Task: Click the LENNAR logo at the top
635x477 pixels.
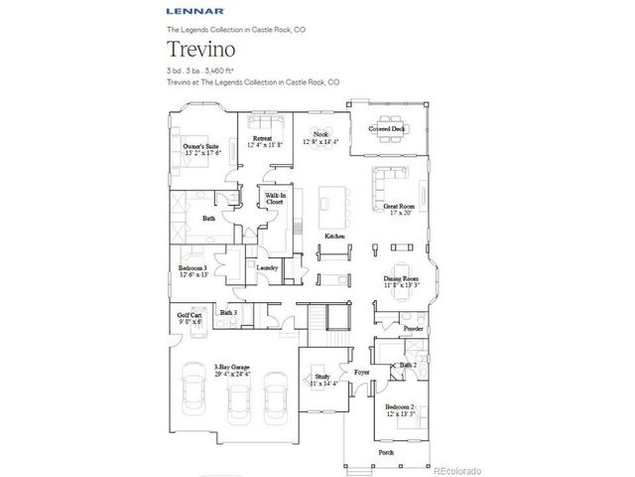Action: click(x=188, y=14)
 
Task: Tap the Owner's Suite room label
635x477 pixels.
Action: click(x=198, y=150)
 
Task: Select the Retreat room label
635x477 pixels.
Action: click(x=263, y=141)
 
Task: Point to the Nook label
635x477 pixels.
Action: click(x=319, y=136)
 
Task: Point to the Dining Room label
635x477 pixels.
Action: click(x=402, y=281)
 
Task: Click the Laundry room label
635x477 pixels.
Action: click(x=266, y=268)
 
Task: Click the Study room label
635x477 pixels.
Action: click(x=322, y=379)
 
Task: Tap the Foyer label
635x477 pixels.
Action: click(x=362, y=374)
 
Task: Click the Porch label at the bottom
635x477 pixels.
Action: click(x=386, y=452)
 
